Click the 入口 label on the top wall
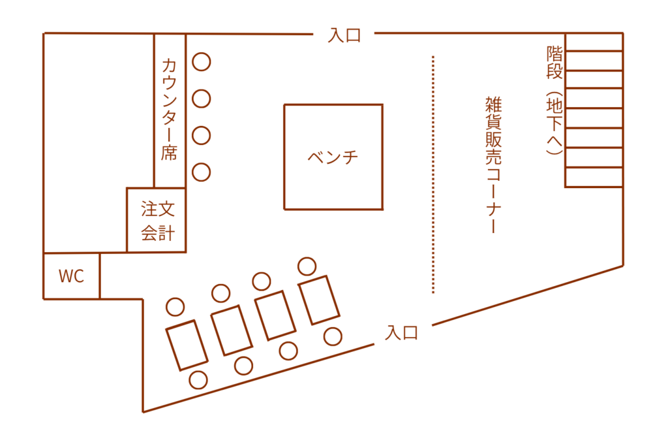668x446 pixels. pos(344,35)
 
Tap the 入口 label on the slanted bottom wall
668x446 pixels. pos(401,332)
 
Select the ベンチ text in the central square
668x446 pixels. pos(333,157)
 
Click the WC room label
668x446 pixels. pos(71,276)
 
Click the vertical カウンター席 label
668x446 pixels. pos(169,109)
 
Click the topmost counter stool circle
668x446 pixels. pos(202,62)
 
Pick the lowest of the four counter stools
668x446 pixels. pos(202,172)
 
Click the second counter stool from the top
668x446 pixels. pos(202,99)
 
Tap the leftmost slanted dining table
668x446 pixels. pos(187,345)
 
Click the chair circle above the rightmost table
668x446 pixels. pos(307,266)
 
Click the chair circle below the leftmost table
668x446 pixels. pos(198,379)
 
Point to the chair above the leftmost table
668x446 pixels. pos(175,306)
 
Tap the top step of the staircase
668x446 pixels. pos(594,42)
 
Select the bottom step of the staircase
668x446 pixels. pos(594,178)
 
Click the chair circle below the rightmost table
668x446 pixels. pos(333,336)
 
